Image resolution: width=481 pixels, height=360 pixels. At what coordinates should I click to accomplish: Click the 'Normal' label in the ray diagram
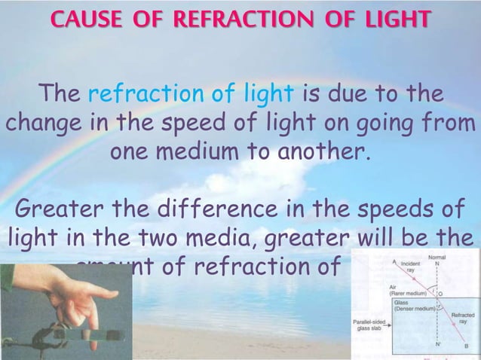click(437, 258)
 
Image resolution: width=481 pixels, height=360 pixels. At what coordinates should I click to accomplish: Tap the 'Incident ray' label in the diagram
click(409, 268)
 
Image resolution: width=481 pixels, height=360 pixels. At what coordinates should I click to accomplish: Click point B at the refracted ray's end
click(467, 346)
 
